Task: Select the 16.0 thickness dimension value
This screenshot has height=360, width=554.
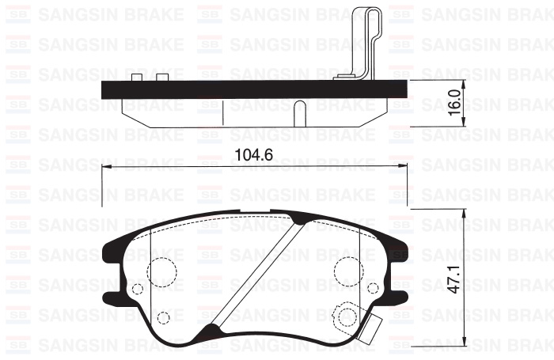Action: pyautogui.click(x=453, y=102)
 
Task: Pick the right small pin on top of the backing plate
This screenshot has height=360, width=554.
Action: pyautogui.click(x=163, y=77)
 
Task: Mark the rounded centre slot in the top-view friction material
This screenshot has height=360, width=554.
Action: pyautogui.click(x=300, y=112)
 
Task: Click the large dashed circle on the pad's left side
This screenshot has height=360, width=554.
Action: pyautogui.click(x=163, y=271)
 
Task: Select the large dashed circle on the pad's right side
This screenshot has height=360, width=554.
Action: pyautogui.click(x=348, y=271)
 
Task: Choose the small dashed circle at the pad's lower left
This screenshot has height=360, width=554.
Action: pyautogui.click(x=164, y=318)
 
